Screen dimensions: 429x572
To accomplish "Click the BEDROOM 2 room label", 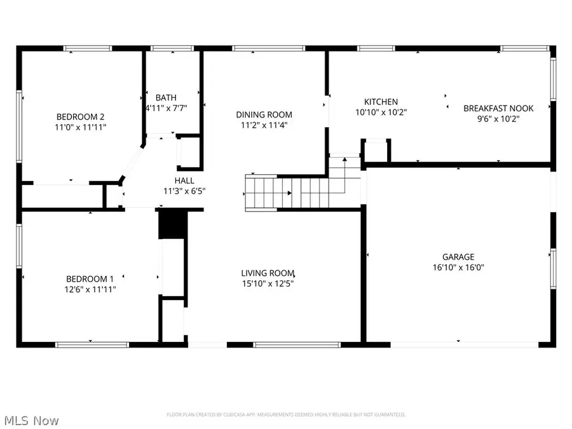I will [x=80, y=116].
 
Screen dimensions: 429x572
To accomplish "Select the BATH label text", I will [x=166, y=97].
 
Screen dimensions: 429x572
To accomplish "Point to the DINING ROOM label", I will [x=264, y=114].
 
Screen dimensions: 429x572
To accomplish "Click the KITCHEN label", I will [x=381, y=102].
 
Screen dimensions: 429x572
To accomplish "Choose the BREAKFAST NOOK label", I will [x=498, y=108].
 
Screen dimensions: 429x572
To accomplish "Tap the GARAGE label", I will [x=458, y=257].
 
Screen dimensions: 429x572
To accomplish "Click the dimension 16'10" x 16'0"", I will [x=458, y=268].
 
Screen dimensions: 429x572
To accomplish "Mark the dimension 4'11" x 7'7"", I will [x=166, y=107].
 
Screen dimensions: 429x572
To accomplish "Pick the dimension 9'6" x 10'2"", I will [x=498, y=118].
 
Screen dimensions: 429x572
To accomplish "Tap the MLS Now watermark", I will [x=31, y=421].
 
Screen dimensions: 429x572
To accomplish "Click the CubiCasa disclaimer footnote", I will [x=285, y=414].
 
